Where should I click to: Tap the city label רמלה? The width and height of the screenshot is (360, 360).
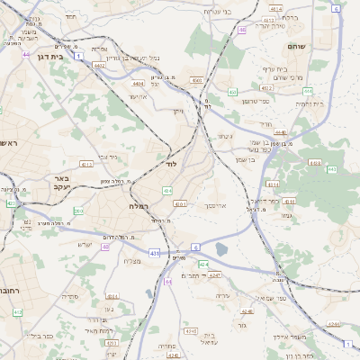pyautogui.click(x=126, y=206)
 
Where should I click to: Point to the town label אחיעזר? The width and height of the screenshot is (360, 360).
pyautogui.click(x=138, y=96)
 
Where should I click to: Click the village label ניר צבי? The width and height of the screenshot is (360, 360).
pyautogui.click(x=107, y=157)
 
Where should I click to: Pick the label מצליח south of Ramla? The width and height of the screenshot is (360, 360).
pyautogui.click(x=130, y=261)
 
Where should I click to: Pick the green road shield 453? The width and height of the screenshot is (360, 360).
pyautogui.click(x=232, y=92)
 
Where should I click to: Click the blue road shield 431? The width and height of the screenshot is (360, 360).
pyautogui.click(x=155, y=255)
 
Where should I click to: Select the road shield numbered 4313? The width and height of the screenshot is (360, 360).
pyautogui.click(x=87, y=165)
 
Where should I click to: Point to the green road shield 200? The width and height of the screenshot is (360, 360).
pyautogui.click(x=78, y=211)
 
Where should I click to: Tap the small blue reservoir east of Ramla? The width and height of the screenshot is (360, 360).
pyautogui.click(x=221, y=249)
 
